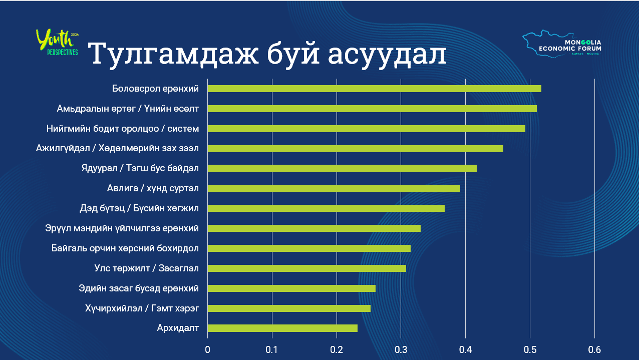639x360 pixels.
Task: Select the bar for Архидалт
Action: pyautogui.click(x=282, y=328)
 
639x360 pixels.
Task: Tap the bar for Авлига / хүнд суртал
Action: pyautogui.click(x=334, y=188)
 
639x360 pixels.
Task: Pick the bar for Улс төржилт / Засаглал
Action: pyautogui.click(x=306, y=268)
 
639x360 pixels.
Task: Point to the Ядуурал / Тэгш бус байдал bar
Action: pyautogui.click(x=342, y=168)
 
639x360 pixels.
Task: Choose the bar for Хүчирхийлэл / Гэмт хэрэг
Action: pyautogui.click(x=289, y=308)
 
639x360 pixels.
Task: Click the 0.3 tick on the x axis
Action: pyautogui.click(x=401, y=349)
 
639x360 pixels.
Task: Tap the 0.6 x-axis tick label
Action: pyautogui.click(x=594, y=349)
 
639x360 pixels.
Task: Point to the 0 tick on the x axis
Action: pyautogui.click(x=208, y=349)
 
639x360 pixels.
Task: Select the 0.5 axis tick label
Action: pyautogui.click(x=530, y=349)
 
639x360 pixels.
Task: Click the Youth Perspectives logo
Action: pyautogui.click(x=58, y=43)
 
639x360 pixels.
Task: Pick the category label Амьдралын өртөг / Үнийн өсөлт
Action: pyautogui.click(x=128, y=109)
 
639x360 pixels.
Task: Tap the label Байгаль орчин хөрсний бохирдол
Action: pyautogui.click(x=125, y=248)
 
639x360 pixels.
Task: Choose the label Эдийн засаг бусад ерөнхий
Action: pyautogui.click(x=139, y=288)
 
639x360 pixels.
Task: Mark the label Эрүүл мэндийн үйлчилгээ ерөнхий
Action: pyautogui.click(x=122, y=228)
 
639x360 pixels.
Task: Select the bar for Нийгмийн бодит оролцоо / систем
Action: pyautogui.click(x=366, y=129)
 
